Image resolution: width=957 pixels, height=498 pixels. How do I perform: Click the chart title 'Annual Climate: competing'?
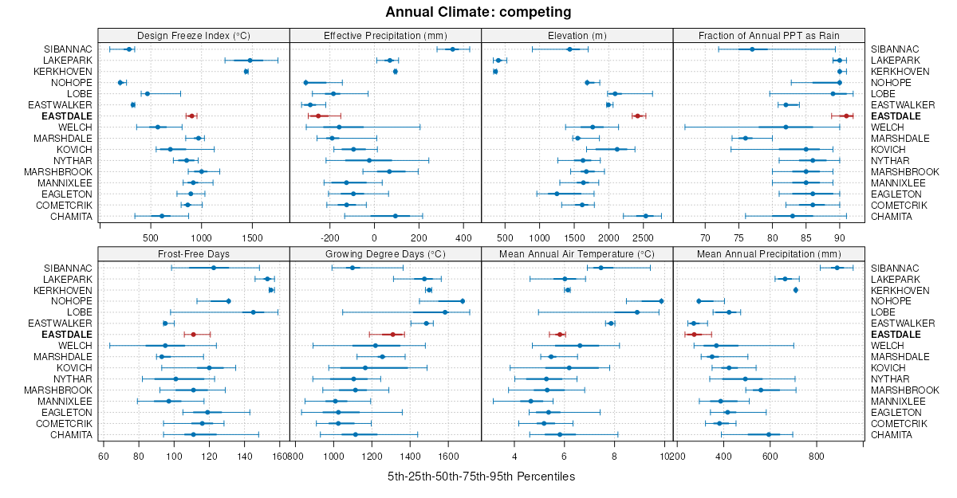point(478,12)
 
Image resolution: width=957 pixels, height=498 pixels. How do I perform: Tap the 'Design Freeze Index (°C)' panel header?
point(194,36)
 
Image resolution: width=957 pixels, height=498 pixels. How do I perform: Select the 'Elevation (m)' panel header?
point(577,36)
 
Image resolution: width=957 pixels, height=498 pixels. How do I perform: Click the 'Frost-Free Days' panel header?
point(194,254)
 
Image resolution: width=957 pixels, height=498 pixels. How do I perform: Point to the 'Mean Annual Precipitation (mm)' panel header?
point(770,254)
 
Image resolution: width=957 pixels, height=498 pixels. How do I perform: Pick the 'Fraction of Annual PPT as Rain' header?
point(770,36)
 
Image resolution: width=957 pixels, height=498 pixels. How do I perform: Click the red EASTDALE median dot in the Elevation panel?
point(637,116)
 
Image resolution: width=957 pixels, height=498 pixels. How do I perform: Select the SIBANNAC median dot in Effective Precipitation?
point(453,49)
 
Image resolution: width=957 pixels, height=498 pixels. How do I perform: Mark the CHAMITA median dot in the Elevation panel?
point(646,216)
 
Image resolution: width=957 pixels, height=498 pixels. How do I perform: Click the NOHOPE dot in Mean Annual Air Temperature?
point(661,301)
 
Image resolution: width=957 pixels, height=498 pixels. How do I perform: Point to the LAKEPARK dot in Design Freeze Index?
point(250,61)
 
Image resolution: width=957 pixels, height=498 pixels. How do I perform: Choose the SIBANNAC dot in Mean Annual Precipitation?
point(837,268)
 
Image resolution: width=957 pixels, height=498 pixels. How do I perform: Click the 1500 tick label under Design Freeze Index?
point(251,237)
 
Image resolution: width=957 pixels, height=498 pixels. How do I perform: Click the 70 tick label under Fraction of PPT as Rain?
point(705,237)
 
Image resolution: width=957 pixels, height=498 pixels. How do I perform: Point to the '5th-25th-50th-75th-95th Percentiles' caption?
point(481,476)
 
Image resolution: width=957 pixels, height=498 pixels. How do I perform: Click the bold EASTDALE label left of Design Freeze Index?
point(69,116)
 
